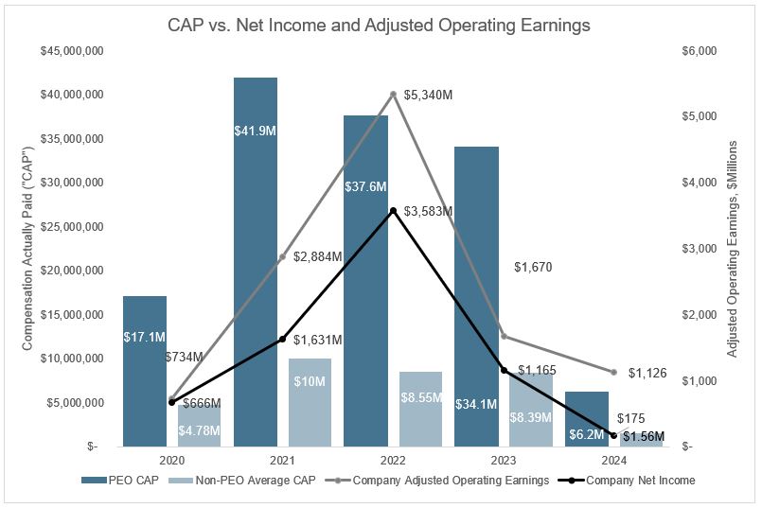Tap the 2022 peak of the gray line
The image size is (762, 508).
point(393,94)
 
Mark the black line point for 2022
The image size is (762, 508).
point(393,210)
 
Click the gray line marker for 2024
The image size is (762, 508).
point(613,372)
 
